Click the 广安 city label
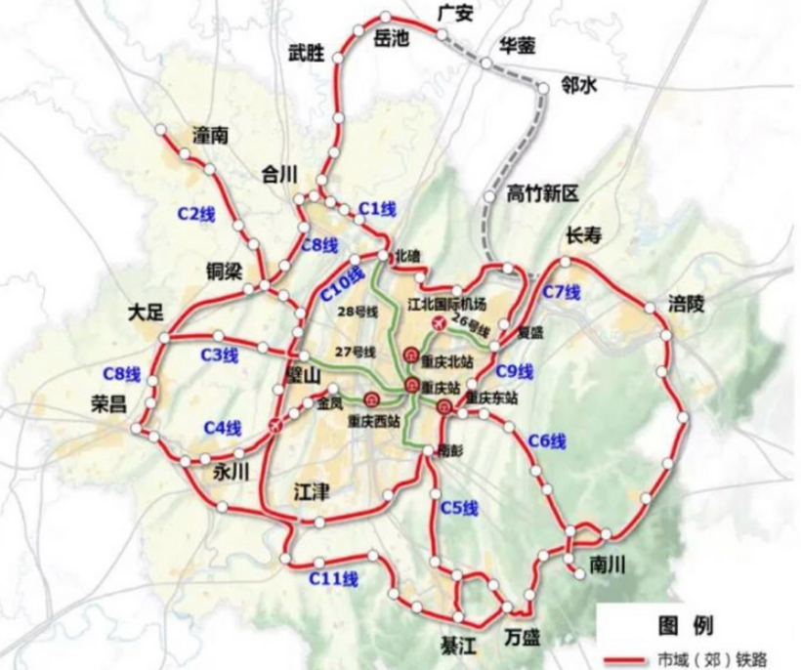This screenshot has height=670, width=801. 456,15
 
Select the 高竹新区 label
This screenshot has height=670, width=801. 543,192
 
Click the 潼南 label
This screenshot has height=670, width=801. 210,136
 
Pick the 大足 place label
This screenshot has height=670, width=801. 148,313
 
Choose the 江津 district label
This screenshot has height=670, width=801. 313,492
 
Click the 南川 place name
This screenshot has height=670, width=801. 607,565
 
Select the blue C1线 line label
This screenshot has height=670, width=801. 377,208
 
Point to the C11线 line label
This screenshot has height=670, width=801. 333,578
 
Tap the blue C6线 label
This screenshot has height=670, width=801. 546,441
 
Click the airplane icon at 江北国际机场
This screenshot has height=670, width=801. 438,322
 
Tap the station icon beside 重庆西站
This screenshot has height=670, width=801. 372,399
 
